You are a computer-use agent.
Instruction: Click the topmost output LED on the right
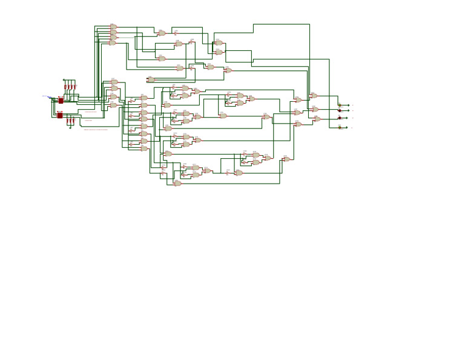340,105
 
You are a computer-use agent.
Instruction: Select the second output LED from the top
340,111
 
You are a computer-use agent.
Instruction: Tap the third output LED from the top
340,118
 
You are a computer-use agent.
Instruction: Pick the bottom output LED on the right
340,128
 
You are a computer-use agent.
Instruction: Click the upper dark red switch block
61,101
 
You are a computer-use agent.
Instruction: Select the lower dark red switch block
60,115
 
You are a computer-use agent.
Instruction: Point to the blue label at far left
45,96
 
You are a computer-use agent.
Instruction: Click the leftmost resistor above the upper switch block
65,87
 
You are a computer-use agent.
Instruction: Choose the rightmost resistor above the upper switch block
74,87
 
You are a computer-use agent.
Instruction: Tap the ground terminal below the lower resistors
70,127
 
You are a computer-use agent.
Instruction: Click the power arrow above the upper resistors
64,79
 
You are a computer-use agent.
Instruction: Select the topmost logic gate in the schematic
113,27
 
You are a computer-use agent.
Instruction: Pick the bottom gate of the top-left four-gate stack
113,43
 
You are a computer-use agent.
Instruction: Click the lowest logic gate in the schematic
177,183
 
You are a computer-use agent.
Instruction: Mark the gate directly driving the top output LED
314,96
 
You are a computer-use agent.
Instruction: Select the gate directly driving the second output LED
315,110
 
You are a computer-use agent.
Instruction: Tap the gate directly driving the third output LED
317,119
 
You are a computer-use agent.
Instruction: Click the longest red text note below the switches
96,130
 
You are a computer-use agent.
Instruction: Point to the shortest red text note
88,121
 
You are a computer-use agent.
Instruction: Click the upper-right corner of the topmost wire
309,24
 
